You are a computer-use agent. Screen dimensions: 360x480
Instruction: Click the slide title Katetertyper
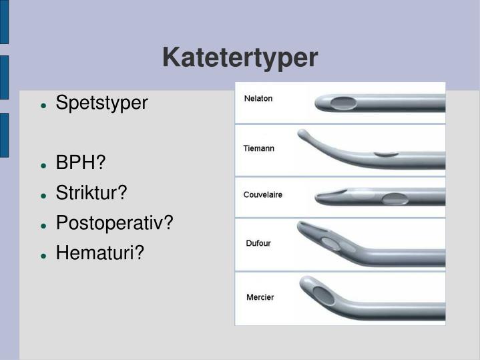coord(240,58)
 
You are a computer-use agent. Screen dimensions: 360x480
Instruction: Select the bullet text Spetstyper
coord(101,104)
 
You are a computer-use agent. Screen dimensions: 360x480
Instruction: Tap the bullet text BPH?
coord(81,163)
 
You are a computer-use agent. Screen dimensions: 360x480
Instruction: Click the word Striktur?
coord(91,193)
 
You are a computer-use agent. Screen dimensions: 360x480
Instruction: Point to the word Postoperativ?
coord(114,222)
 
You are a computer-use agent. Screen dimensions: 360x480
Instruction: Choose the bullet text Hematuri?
coord(99,252)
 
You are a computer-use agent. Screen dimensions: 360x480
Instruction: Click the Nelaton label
coord(258,98)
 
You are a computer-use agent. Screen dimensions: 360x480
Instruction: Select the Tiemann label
coord(258,148)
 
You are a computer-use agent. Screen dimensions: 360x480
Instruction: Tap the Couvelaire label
coord(262,195)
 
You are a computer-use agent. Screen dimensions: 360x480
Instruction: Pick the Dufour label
coord(258,243)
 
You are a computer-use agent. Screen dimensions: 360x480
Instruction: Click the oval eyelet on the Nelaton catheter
coord(344,102)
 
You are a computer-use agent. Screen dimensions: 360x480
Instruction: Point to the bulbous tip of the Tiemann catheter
coord(302,133)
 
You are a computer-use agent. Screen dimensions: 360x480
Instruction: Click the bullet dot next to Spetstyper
coord(43,105)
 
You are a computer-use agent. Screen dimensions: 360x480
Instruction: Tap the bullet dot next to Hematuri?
coord(43,254)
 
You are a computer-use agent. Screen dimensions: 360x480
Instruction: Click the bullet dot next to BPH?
coord(43,164)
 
